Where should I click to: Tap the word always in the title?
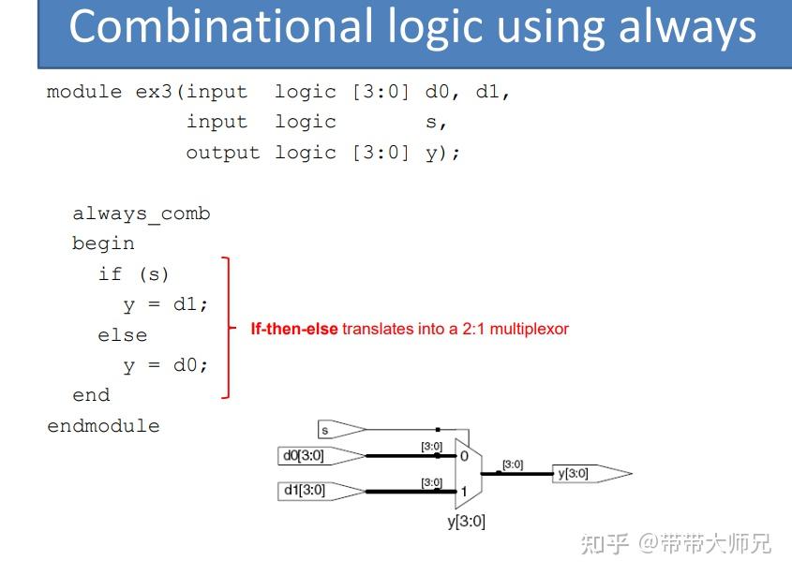687,29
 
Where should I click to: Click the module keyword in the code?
84,92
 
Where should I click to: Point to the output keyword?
223,153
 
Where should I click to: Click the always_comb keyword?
142,214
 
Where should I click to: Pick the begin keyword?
103,243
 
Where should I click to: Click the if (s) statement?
133,274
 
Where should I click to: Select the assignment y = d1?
165,304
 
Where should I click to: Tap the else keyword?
122,335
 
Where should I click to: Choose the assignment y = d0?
165,365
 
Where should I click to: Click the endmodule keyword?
103,425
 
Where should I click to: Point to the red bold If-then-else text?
294,329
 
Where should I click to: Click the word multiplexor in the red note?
530,329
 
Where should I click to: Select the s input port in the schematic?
342,430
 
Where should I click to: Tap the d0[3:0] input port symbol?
321,455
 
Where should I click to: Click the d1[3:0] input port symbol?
321,491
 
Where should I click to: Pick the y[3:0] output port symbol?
592,474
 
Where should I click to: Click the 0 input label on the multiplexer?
464,456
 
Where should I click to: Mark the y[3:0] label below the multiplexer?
466,522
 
